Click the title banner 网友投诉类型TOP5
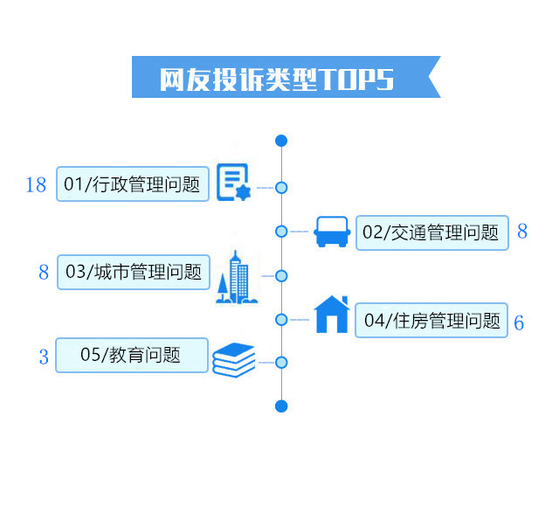tap(286, 77)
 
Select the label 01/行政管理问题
tap(133, 184)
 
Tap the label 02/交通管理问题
tap(432, 232)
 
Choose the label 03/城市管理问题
tap(134, 272)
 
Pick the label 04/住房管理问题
tap(431, 320)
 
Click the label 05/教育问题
tap(132, 355)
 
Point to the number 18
tap(36, 184)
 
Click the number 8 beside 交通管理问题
tap(522, 231)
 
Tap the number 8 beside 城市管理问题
tap(44, 272)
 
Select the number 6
tap(519, 322)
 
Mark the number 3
tap(44, 357)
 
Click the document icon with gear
tap(234, 183)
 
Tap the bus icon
tap(332, 232)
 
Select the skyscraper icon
tap(237, 277)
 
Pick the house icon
tap(332, 314)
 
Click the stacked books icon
tap(234, 360)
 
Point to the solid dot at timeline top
tap(281, 141)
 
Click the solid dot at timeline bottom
tap(281, 406)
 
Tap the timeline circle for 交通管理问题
tap(281, 232)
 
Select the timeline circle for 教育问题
tap(281, 363)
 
